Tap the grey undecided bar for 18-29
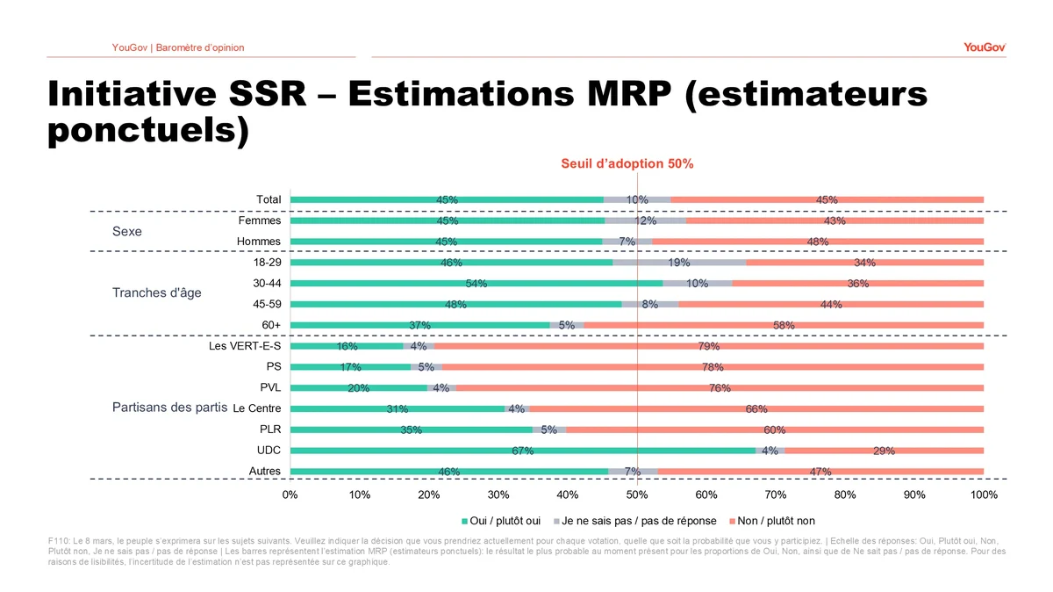click(x=679, y=262)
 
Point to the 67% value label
click(x=522, y=451)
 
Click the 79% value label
click(x=709, y=347)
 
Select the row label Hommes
click(x=259, y=242)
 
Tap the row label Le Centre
click(x=258, y=408)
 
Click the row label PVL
click(x=269, y=387)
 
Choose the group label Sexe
click(x=127, y=232)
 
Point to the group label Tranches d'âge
click(x=156, y=292)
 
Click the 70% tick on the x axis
click(x=776, y=495)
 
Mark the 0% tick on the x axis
click(x=290, y=495)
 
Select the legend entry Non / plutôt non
click(x=776, y=521)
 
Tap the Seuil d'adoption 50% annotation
click(x=627, y=163)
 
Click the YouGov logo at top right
click(x=985, y=47)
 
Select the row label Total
click(x=269, y=199)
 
